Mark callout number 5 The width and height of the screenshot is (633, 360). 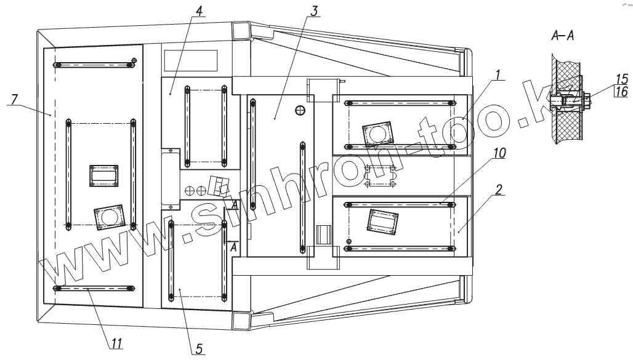[199, 349]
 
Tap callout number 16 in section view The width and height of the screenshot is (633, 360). [621, 92]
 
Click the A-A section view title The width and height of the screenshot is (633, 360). [563, 37]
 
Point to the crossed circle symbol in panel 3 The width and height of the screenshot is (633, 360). [300, 111]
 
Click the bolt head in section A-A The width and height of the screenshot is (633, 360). [587, 98]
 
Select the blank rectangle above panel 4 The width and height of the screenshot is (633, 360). [191, 60]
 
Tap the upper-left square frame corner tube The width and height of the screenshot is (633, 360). [241, 31]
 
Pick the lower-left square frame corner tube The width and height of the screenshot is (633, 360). [241, 321]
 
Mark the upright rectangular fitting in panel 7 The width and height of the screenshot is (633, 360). [103, 175]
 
